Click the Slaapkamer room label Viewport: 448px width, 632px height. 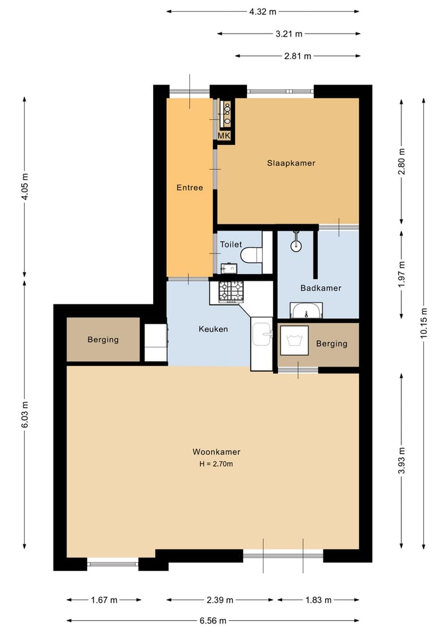coord(291,163)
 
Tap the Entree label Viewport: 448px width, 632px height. coord(190,188)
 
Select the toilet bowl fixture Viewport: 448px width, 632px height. coord(251,255)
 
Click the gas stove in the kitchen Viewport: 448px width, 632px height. coord(231,291)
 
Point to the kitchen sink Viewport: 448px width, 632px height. coord(263,333)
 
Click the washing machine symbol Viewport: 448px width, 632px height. coord(295,340)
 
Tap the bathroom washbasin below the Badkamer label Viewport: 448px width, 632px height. coord(306,310)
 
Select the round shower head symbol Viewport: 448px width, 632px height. coord(296,245)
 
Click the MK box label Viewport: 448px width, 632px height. coord(224,136)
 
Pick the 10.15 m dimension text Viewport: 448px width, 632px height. coord(423,323)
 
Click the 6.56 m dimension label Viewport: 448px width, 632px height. coord(213,621)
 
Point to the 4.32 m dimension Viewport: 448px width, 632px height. coord(263,12)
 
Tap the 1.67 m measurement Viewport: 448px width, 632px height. coord(104,600)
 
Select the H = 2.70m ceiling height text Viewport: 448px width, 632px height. coord(216,464)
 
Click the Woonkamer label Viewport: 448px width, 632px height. coord(217,452)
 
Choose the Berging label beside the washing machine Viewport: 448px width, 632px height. coord(332,344)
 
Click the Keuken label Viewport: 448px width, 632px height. coord(213,329)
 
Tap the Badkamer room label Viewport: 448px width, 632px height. coord(321,288)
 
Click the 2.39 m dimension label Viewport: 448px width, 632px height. coord(220,600)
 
